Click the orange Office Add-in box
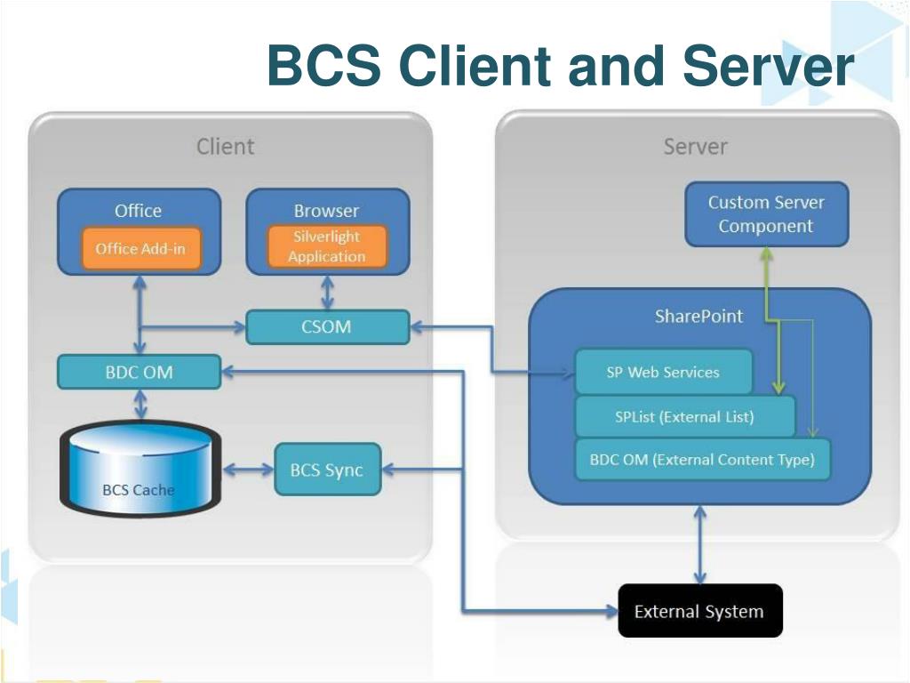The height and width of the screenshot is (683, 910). coord(141,249)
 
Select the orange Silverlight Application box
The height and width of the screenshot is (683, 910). coord(327,246)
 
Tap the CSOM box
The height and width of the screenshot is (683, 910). coord(328,326)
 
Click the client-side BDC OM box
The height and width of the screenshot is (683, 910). coord(140,372)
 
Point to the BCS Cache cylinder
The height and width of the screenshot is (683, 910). coord(140,470)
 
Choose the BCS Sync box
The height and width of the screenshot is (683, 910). coord(327,470)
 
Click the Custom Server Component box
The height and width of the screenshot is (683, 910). coord(767,213)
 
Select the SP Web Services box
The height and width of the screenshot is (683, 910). coord(663,372)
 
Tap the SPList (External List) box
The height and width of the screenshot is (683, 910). coord(685,416)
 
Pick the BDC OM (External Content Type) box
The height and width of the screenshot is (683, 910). coord(702,460)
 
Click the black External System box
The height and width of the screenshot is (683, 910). coord(700,611)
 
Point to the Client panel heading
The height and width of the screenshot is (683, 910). coord(225,147)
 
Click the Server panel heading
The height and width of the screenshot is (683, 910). coord(695,147)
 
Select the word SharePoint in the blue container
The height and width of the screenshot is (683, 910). coord(698,316)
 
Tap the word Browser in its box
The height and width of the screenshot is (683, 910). coord(327,210)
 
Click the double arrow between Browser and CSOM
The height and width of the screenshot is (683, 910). coord(327,293)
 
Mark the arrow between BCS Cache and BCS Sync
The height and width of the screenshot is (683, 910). coord(248,470)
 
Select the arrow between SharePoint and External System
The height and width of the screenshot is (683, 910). coord(700,545)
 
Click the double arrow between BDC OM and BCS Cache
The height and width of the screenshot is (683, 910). coord(140,405)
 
